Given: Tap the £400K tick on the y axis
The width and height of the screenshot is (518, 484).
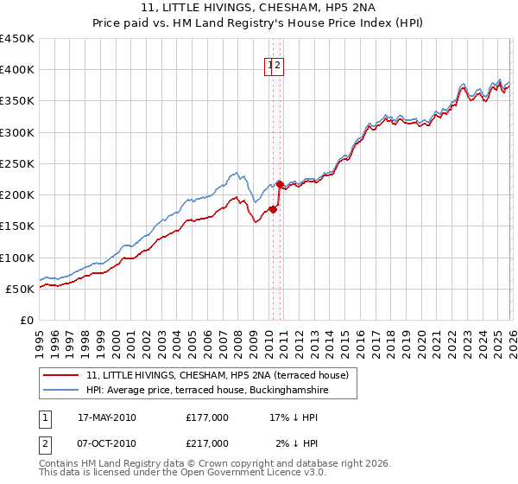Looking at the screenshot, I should click(17, 70).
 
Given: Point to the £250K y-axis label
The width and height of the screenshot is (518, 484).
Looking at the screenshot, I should click(17, 163).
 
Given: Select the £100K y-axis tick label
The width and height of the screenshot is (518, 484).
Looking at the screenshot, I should click(17, 258).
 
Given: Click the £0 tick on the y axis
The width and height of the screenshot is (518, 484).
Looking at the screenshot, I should click(26, 320).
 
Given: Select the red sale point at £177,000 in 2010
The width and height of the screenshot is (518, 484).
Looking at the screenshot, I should click(273, 209).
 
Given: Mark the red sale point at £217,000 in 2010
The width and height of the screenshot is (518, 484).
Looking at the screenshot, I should click(279, 184).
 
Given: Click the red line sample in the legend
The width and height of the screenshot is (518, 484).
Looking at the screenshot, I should click(60, 375).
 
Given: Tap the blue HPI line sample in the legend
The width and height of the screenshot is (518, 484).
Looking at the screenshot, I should click(60, 391).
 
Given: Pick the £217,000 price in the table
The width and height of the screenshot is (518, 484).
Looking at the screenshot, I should click(207, 443).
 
